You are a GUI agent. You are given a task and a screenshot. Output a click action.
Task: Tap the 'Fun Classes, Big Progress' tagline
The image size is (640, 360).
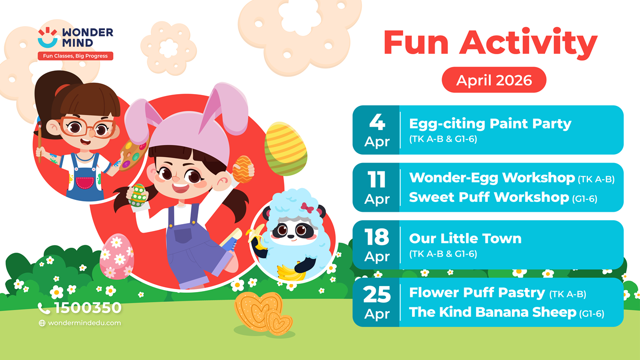75,56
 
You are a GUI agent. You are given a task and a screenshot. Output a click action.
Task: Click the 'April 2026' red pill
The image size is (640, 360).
494,80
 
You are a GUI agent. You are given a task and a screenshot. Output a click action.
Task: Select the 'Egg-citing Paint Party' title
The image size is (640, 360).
490,124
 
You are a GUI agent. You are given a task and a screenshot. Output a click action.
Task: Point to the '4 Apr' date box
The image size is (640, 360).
377,130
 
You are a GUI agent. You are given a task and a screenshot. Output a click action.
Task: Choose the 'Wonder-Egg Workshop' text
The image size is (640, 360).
492,177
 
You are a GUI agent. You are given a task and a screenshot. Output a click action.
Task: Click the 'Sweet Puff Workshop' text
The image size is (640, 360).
489,197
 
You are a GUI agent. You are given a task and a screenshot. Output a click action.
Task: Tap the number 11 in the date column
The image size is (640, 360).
377,180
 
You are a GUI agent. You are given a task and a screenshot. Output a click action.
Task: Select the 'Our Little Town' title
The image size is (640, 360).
465,238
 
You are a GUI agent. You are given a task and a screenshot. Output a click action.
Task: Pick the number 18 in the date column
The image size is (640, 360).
377,238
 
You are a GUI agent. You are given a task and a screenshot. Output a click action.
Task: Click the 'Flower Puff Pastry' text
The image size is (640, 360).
477,293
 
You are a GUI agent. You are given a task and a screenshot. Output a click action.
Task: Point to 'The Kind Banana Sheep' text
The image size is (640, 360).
492,312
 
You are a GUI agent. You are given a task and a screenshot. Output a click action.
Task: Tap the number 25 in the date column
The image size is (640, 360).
377,295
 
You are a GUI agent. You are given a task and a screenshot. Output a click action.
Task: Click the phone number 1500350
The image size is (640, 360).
87,308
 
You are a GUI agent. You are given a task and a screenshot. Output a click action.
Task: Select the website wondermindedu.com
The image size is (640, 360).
84,323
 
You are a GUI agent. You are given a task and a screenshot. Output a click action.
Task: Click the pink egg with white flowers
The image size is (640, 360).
116,256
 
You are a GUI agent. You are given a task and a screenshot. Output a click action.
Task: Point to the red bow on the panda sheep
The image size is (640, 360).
307,206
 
